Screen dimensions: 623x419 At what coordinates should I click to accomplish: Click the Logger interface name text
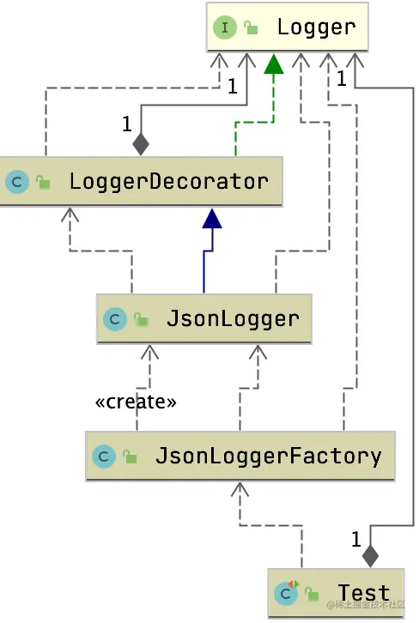pyautogui.click(x=316, y=27)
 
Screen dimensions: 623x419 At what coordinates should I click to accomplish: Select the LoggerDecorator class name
pyautogui.click(x=169, y=181)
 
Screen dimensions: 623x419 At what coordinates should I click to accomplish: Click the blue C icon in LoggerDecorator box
pyautogui.click(x=17, y=182)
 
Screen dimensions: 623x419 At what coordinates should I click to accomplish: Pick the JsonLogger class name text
pyautogui.click(x=233, y=319)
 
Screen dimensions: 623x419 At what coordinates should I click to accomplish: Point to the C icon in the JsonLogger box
pyautogui.click(x=115, y=320)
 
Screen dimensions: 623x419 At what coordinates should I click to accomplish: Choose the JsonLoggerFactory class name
pyautogui.click(x=268, y=455)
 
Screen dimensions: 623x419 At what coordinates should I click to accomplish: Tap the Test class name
pyautogui.click(x=363, y=592)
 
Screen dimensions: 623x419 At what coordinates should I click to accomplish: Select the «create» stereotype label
pyautogui.click(x=136, y=402)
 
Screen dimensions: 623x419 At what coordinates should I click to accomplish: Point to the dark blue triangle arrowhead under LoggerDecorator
pyautogui.click(x=212, y=219)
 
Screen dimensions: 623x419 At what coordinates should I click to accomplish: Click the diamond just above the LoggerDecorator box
pyautogui.click(x=141, y=143)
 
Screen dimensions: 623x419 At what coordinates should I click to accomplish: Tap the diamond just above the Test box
pyautogui.click(x=370, y=555)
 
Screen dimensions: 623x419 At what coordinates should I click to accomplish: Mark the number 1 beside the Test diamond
pyautogui.click(x=355, y=540)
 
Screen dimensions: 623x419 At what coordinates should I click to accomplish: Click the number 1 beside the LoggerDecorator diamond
pyautogui.click(x=126, y=124)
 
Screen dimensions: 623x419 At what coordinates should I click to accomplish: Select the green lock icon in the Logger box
pyautogui.click(x=252, y=28)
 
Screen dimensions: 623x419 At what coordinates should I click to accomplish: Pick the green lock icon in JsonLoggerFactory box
pyautogui.click(x=130, y=457)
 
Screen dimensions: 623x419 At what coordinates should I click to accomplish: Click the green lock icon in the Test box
pyautogui.click(x=313, y=594)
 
